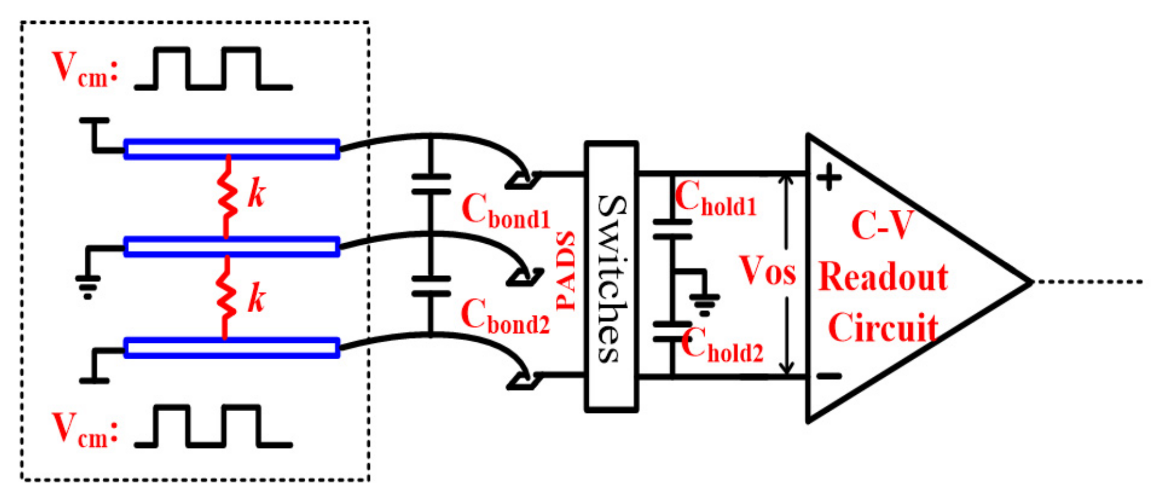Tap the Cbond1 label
[506, 211]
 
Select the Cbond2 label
[505, 317]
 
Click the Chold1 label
[715, 199]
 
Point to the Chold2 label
[722, 346]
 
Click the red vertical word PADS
[565, 270]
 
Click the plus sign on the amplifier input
[829, 178]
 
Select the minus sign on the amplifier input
[829, 376]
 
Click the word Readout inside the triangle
[883, 277]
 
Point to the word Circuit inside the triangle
[883, 328]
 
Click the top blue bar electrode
[232, 149]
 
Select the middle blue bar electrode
[232, 246]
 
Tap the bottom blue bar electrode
[232, 348]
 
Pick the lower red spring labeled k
[226, 298]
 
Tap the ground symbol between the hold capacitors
[704, 303]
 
